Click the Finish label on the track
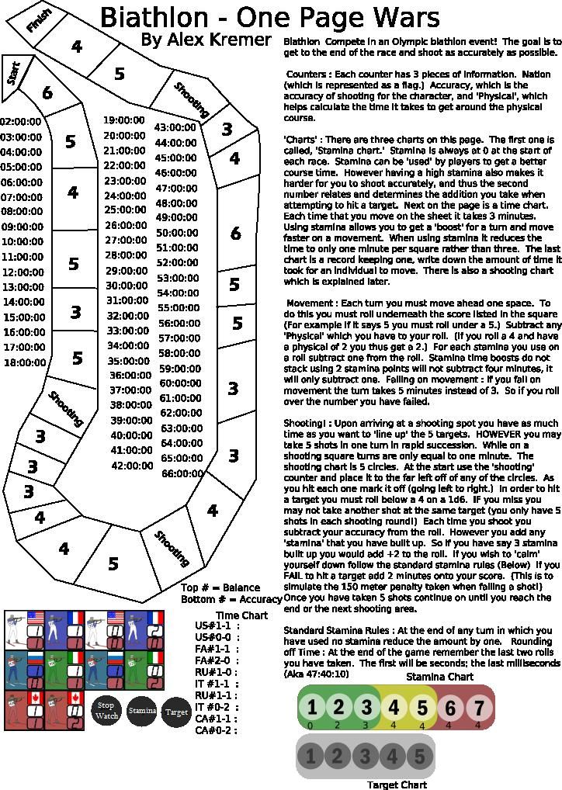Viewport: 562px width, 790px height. pyautogui.click(x=39, y=20)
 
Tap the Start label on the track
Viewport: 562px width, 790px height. pyautogui.click(x=14, y=74)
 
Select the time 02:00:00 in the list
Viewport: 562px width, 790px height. pyautogui.click(x=21, y=122)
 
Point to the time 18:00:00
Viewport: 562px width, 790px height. pyautogui.click(x=25, y=362)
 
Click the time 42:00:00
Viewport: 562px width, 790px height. pyautogui.click(x=132, y=466)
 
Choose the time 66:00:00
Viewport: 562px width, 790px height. pyautogui.click(x=182, y=473)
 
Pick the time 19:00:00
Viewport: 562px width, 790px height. pyautogui.click(x=124, y=120)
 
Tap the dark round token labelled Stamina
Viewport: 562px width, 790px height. pyautogui.click(x=142, y=711)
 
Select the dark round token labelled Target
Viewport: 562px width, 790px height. pyautogui.click(x=177, y=712)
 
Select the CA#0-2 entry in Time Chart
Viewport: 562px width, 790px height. pyautogui.click(x=214, y=730)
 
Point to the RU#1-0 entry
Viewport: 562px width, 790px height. pyautogui.click(x=214, y=672)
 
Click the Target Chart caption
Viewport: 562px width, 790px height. pyautogui.click(x=397, y=785)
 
